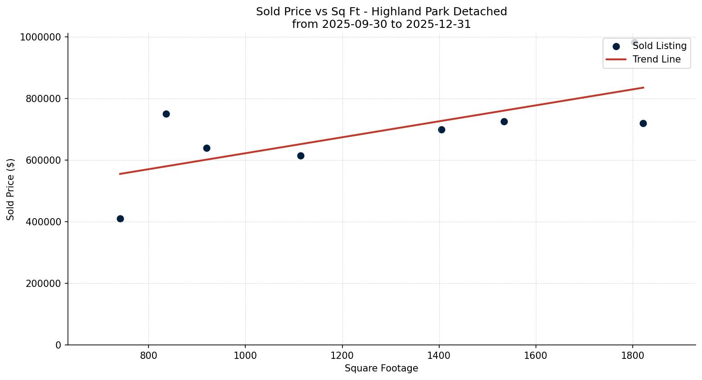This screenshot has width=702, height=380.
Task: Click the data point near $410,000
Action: coord(120,219)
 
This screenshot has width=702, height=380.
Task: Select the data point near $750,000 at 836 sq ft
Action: coord(166,114)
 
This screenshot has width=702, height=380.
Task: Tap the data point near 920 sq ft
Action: coord(207,148)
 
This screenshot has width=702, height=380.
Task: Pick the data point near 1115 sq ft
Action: coord(301,156)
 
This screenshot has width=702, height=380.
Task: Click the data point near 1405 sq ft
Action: coord(441,130)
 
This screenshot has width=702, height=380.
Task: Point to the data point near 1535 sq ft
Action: coord(504,121)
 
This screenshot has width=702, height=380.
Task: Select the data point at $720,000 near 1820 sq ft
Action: coord(643,123)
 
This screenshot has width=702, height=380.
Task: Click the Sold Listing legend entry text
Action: coord(659,46)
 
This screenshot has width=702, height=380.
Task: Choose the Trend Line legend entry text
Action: coord(656,59)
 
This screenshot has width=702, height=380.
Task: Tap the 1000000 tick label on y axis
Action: coord(40,37)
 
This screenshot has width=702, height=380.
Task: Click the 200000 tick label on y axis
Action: coord(43,284)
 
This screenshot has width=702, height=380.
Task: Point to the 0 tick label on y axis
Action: coord(58,345)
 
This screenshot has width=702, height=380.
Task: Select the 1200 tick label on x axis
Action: coord(342,356)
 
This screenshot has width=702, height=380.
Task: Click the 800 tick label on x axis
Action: coord(148,356)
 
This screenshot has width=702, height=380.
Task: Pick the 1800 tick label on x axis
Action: coord(633,356)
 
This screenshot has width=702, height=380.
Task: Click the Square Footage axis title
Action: coord(381,369)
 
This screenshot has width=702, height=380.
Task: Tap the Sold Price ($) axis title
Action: coord(11,189)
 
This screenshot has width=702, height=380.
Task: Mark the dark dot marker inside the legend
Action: coord(616,46)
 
